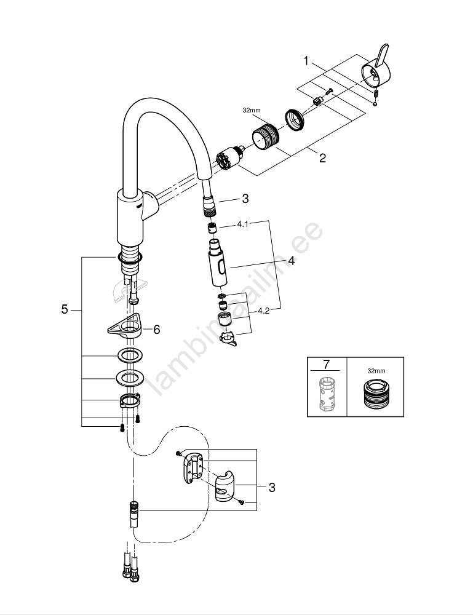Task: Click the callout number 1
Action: click(306, 61)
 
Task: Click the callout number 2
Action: click(322, 158)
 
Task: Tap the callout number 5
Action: click(65, 309)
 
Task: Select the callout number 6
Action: click(157, 330)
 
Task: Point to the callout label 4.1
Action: click(242, 225)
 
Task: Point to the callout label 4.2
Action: click(263, 310)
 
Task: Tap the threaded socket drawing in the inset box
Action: click(375, 395)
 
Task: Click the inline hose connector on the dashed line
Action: click(133, 514)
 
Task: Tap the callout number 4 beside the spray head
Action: click(291, 261)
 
